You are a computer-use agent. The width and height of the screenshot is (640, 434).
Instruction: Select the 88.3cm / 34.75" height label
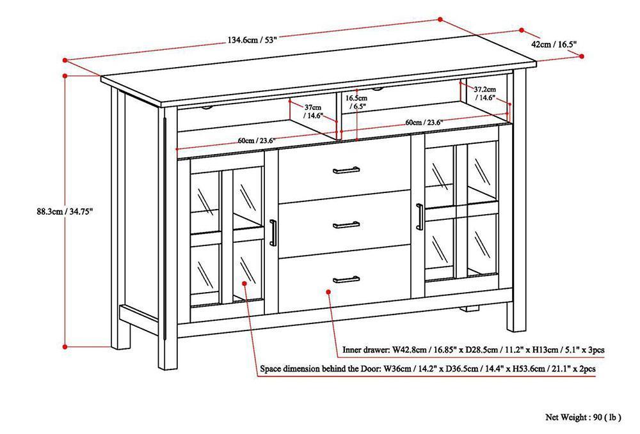click(x=66, y=212)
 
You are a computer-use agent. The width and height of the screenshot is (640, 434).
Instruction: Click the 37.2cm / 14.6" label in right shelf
click(x=484, y=94)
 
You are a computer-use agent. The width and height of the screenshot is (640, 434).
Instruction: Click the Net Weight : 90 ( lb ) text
click(x=583, y=417)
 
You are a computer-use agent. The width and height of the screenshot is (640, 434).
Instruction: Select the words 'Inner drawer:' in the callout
click(x=364, y=350)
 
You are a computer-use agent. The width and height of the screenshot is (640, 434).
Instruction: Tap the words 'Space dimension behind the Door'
click(x=321, y=369)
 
